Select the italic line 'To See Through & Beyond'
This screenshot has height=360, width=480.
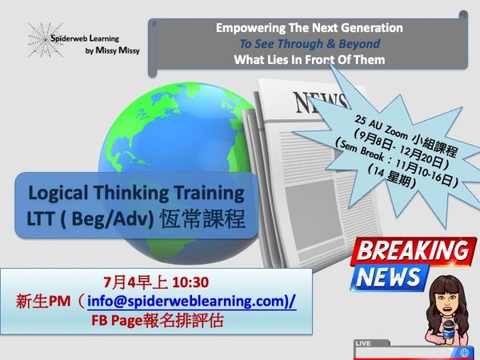click(x=310, y=44)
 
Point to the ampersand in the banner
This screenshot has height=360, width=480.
click(x=330, y=44)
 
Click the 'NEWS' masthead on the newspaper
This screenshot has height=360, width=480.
click(x=320, y=102)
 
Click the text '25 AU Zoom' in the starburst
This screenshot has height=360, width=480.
click(x=381, y=128)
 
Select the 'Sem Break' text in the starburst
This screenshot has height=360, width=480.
click(x=362, y=150)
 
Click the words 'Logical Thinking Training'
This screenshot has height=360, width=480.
click(x=136, y=193)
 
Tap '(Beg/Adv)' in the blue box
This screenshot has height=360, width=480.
click(x=107, y=219)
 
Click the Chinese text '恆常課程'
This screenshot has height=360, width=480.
click(x=202, y=219)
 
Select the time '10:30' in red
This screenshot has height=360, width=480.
click(x=190, y=282)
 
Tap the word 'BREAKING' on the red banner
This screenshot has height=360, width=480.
click(x=413, y=250)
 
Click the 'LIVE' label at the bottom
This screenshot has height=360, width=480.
click(x=363, y=343)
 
